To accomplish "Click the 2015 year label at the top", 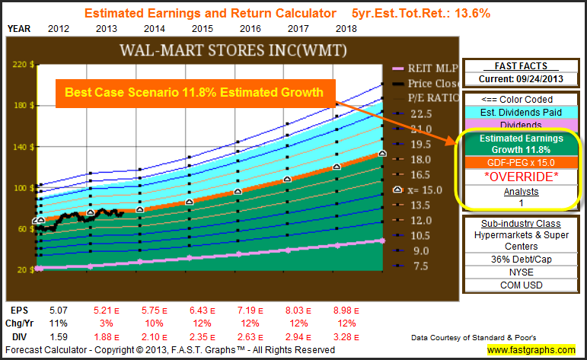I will click(x=201, y=28).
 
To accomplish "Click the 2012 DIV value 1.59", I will click(x=57, y=336).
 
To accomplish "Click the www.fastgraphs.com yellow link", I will click(x=531, y=349).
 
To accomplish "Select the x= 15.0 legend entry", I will click(x=419, y=190).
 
